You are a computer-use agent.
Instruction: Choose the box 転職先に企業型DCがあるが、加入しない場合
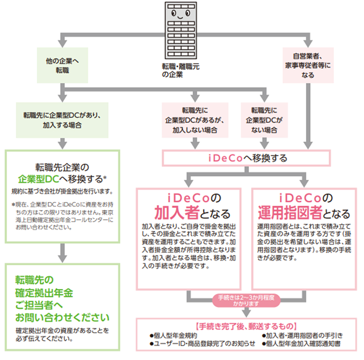point(195,120)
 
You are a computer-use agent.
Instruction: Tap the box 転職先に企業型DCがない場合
point(264,120)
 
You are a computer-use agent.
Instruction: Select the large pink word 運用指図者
point(291,212)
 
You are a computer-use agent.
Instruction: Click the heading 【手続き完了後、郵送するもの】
point(246,327)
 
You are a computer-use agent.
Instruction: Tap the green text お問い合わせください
point(62,317)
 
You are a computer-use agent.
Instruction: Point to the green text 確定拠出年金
point(44,293)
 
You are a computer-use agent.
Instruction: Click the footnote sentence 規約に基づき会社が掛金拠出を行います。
point(62,190)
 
